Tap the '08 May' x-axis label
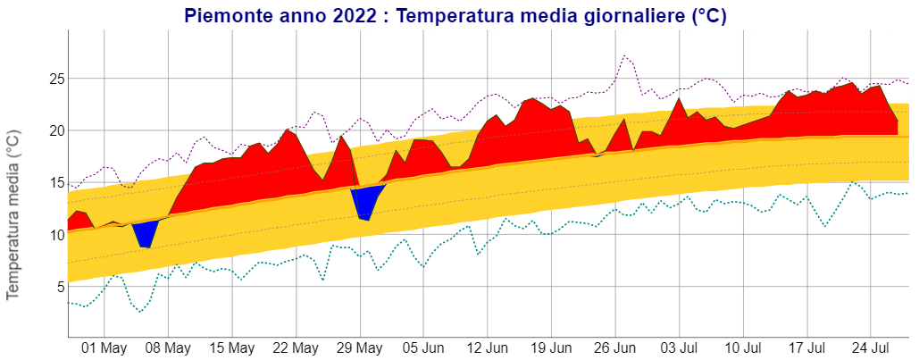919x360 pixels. coord(168,347)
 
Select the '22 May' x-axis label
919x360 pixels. coord(296,347)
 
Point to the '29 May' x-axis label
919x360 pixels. coord(360,347)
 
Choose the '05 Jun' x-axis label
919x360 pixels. coord(423,347)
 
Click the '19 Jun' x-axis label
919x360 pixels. coord(551,347)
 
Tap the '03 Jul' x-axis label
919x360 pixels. coord(679,347)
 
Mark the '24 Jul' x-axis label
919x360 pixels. coord(871,347)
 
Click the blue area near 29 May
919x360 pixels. coord(364,202)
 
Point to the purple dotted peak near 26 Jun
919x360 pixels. coord(625,56)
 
